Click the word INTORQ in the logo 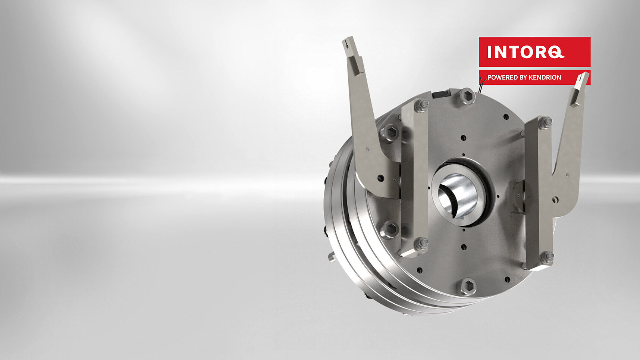tap(525, 52)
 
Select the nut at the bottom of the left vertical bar tap(422, 243)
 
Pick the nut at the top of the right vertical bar tap(545, 122)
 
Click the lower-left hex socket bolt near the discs tap(390, 229)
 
